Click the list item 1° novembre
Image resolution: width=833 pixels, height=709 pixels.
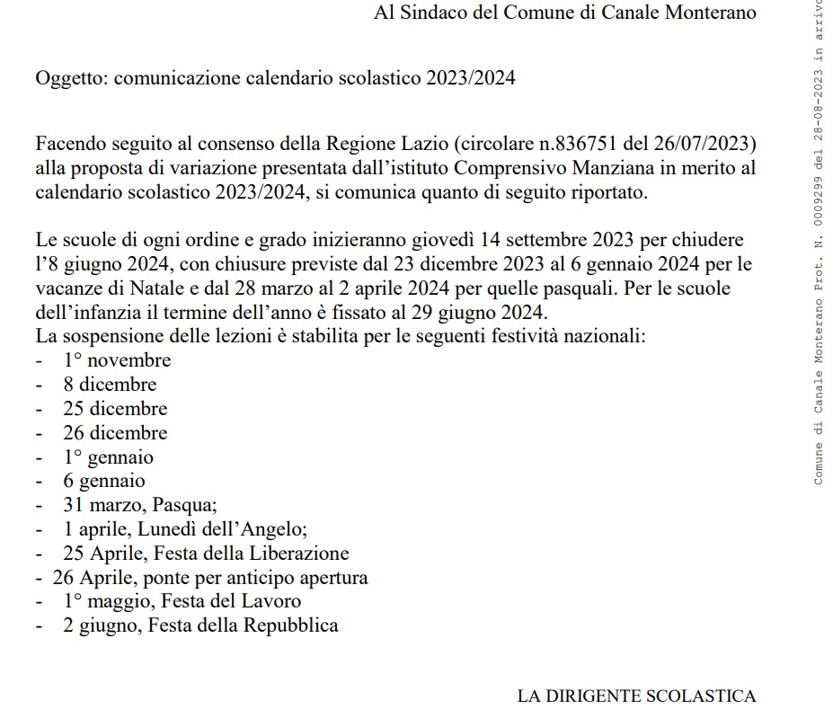116,360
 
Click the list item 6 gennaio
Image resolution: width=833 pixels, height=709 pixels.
103,482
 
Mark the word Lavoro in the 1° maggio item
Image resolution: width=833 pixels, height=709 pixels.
270,601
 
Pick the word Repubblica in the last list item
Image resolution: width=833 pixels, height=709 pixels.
291,625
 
